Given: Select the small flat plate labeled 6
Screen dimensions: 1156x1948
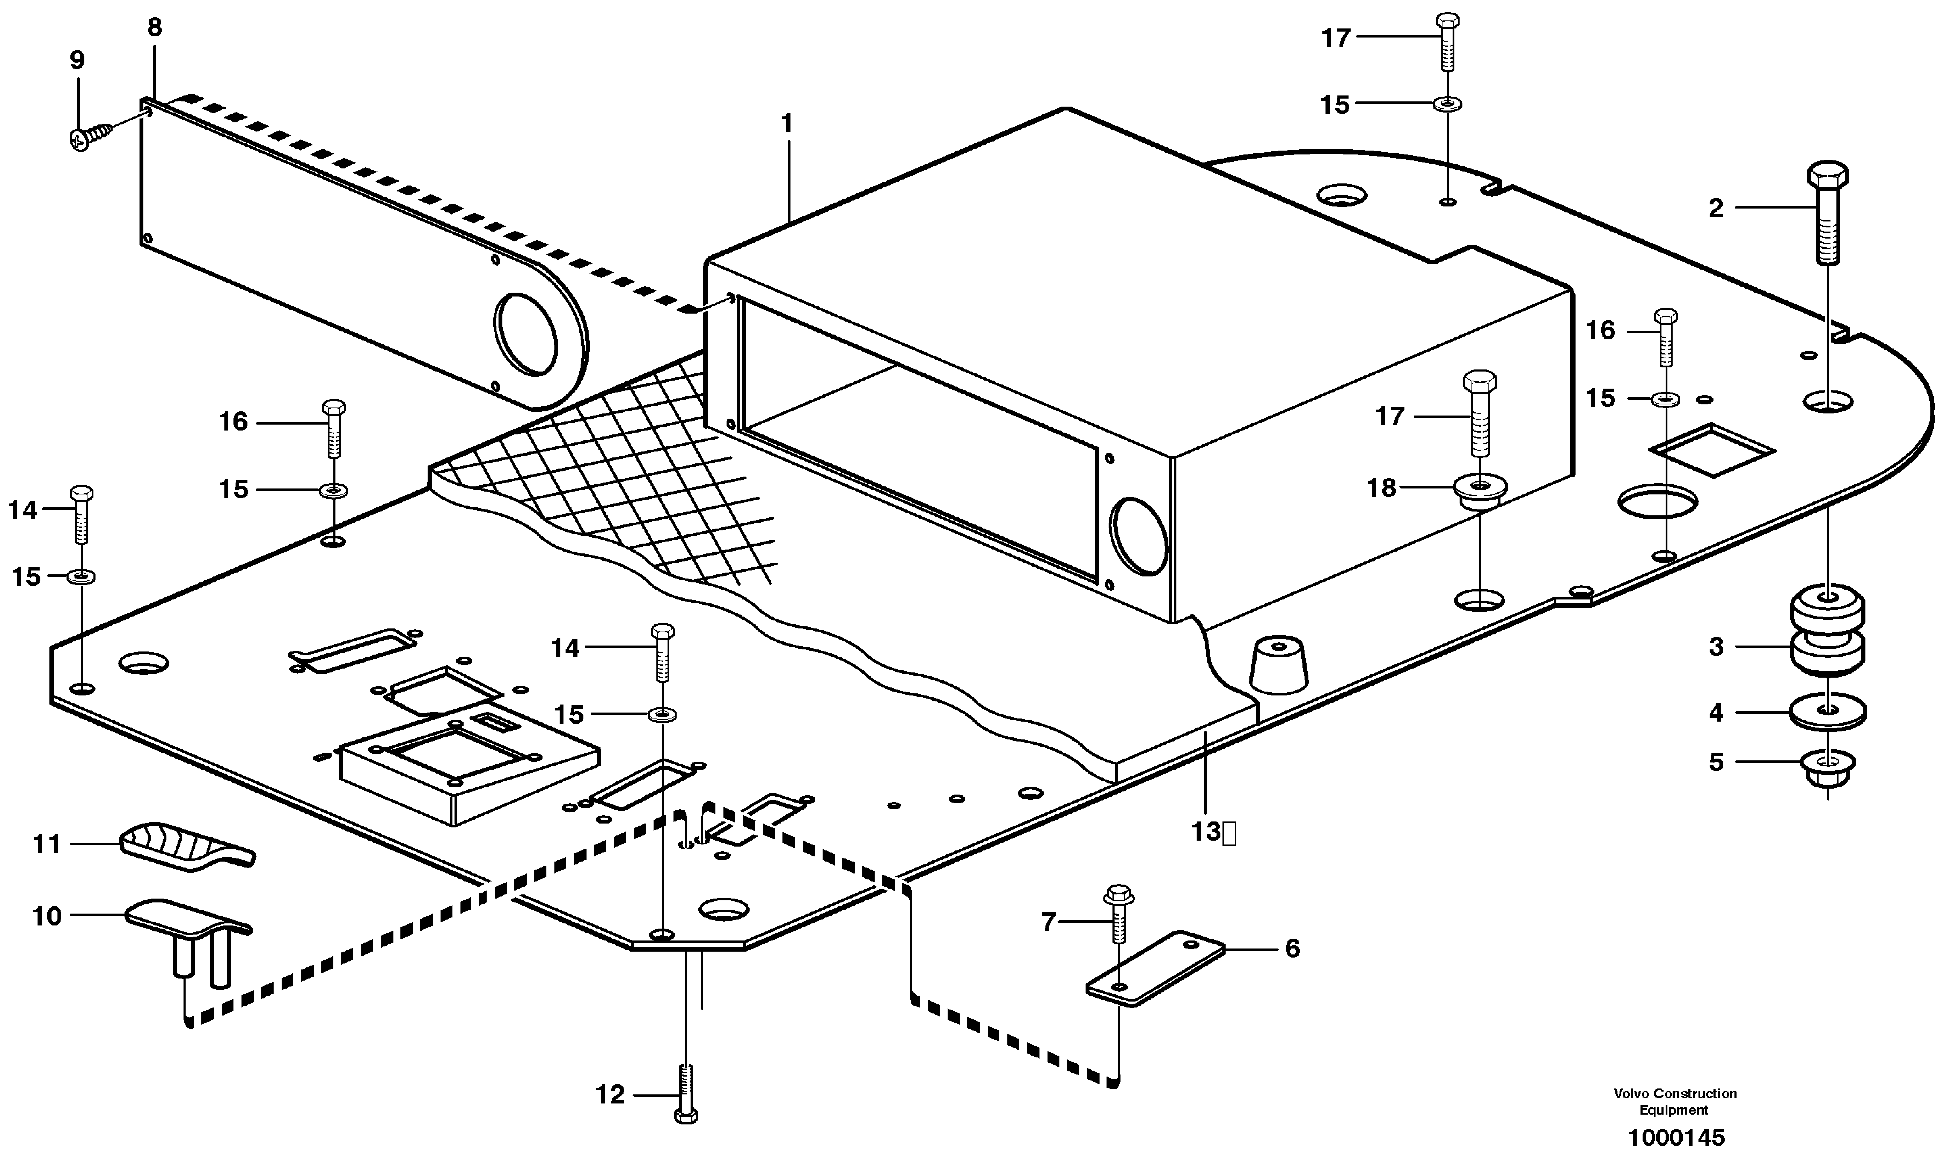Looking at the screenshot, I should [x=1155, y=968].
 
